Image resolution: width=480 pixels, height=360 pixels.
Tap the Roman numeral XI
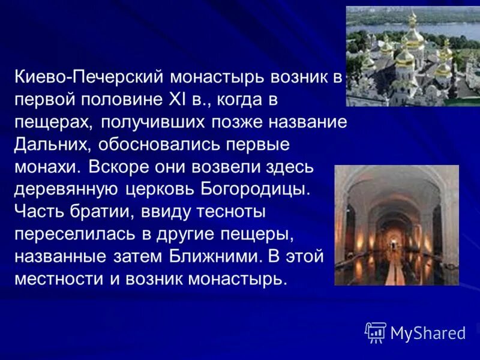pyautogui.click(x=172, y=100)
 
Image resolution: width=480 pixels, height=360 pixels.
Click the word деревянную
pyautogui.click(x=68, y=190)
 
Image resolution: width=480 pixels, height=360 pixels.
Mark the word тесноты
pyautogui.click(x=231, y=212)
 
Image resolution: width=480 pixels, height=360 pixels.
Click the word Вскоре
pyautogui.click(x=118, y=167)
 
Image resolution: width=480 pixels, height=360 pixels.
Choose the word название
pyautogui.click(x=305, y=123)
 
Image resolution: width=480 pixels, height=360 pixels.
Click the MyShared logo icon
pyautogui.click(x=376, y=332)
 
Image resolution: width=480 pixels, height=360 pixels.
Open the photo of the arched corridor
pyautogui.click(x=396, y=225)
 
